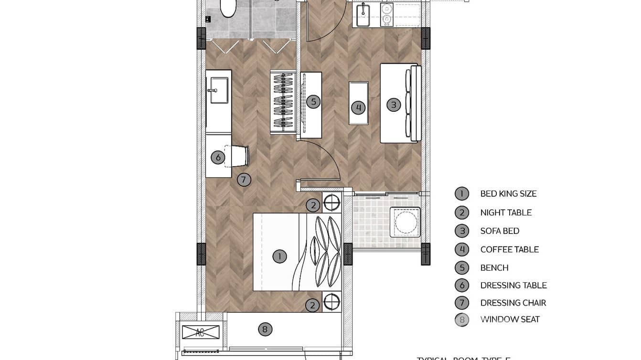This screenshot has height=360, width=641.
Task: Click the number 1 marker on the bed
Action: pos(279,256)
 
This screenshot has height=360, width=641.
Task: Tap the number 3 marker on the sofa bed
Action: pos(394,105)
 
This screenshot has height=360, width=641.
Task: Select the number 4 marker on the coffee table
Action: pos(358,107)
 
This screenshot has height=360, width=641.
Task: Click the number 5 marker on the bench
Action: pos(313,101)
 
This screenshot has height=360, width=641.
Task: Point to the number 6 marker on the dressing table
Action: pos(218,157)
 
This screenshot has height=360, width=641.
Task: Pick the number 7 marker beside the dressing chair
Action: pos(244,180)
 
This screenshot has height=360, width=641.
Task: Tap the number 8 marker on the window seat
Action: pos(265,329)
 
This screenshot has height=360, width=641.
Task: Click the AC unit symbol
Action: pos(201,332)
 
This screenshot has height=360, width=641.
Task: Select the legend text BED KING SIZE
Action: pos(508,194)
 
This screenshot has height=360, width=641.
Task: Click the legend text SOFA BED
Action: pos(500,231)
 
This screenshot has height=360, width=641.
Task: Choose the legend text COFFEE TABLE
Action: pos(509,250)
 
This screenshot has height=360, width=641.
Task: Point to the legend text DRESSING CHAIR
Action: pos(513,303)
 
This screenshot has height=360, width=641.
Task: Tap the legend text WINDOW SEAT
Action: pos(510,319)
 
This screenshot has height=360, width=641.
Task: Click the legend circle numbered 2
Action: pos(461,212)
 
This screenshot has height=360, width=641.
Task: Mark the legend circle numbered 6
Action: pos(461,286)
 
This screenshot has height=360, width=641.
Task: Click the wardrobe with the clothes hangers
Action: pos(283,102)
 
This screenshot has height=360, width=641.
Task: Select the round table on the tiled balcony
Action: pos(405,222)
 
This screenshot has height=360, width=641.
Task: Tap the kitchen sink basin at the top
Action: pos(363,16)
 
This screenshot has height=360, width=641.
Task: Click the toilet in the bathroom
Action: pos(228,7)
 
